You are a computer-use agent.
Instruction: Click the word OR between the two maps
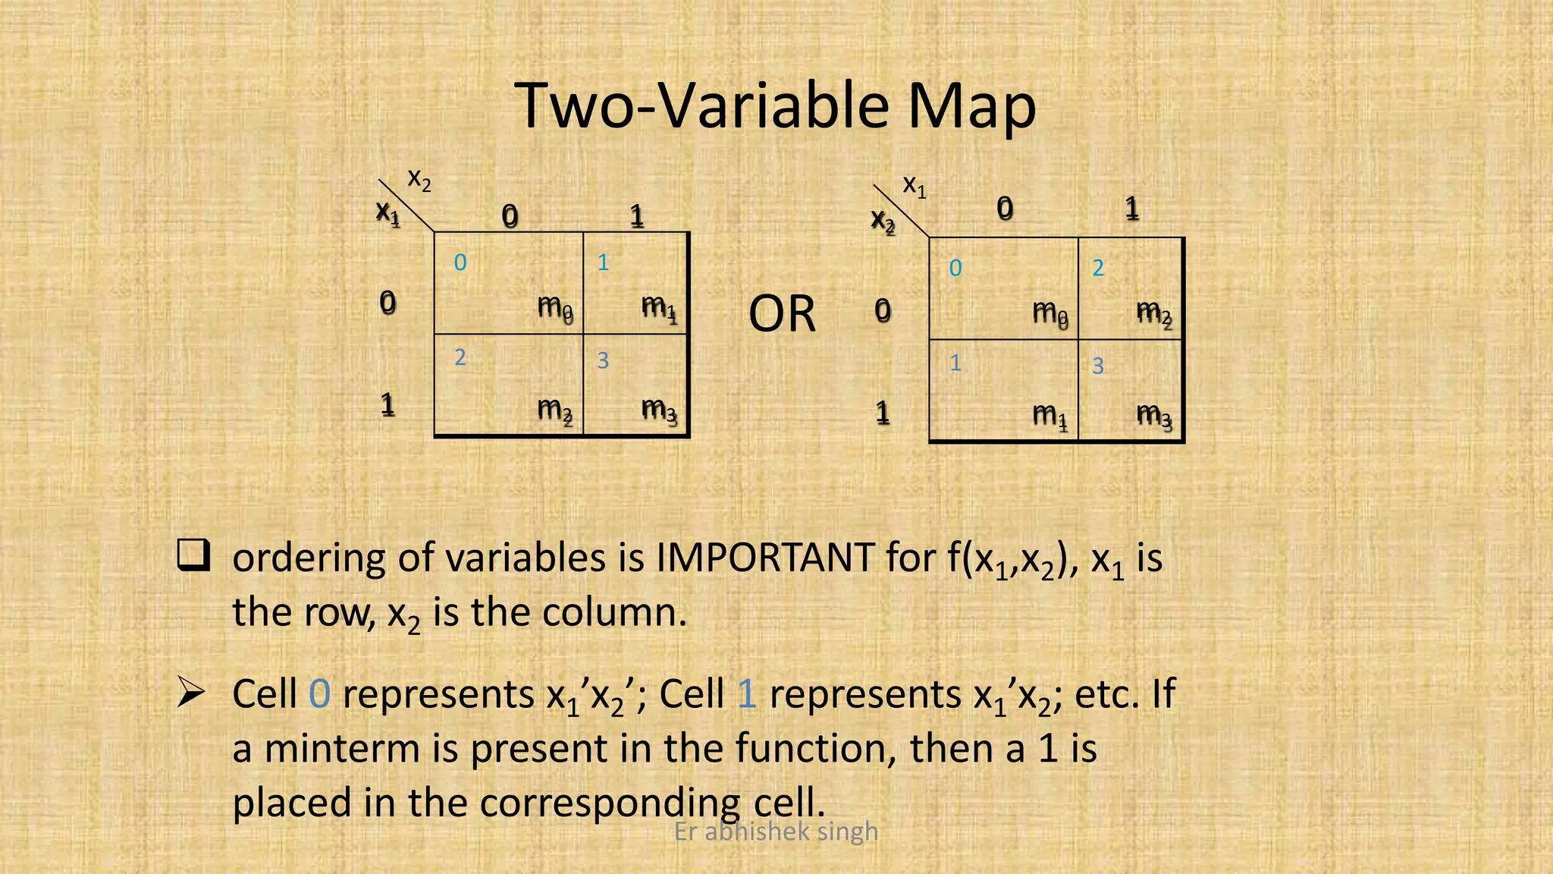782,313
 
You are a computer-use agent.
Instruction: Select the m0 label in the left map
555,308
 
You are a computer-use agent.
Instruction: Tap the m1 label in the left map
658,308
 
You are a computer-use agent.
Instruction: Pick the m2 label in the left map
555,410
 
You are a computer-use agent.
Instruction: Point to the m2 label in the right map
1154,313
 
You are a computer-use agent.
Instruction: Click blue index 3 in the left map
603,360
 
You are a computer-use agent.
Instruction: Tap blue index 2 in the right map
1098,268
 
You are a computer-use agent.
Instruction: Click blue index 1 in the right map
955,363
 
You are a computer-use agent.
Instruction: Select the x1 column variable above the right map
914,185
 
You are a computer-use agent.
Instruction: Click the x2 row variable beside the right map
883,221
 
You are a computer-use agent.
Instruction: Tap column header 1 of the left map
637,217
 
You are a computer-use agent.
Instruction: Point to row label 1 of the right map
882,413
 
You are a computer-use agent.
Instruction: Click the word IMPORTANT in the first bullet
764,558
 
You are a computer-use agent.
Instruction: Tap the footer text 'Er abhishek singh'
776,832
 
